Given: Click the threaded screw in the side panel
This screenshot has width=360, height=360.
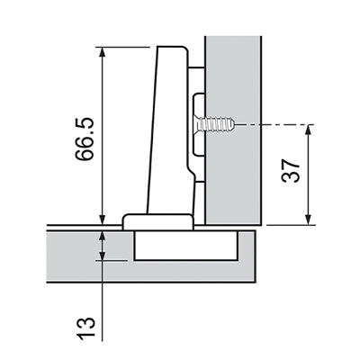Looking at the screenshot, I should (x=216, y=123).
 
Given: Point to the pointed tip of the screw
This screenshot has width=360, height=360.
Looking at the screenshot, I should (x=231, y=123).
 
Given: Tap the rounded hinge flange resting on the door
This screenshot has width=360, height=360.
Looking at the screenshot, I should (x=157, y=221).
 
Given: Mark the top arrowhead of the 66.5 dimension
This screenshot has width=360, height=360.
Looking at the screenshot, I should (x=103, y=52).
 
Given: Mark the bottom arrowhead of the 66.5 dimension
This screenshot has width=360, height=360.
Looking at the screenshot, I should (x=103, y=220).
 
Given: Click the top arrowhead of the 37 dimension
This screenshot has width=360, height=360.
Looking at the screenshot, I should (x=309, y=129).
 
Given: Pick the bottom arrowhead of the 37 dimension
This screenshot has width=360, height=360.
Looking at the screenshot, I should (x=309, y=220).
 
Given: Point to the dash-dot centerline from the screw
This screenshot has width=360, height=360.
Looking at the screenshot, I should (x=270, y=123).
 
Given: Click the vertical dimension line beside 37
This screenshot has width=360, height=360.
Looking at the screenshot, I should (x=309, y=175).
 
